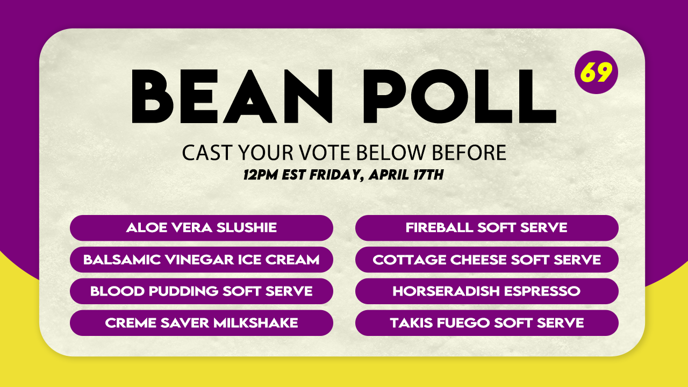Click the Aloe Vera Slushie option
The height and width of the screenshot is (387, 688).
202,228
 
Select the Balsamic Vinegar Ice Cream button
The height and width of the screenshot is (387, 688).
202,260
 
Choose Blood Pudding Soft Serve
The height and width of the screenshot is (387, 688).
202,291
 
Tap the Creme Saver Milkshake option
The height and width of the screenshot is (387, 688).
202,323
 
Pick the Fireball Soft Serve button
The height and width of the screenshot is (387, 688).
487,228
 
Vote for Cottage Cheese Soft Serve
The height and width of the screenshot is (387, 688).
487,260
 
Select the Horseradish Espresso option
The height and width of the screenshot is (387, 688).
487,291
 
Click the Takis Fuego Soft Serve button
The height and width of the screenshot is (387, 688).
487,323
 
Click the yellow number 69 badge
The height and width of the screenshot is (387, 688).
596,72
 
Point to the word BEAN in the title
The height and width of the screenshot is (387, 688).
232,96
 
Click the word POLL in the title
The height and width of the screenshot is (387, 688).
460,96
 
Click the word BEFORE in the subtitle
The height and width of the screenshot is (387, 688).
469,153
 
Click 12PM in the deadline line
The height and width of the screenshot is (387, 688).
261,175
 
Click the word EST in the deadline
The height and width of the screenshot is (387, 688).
293,175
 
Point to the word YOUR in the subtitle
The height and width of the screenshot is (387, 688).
266,153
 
